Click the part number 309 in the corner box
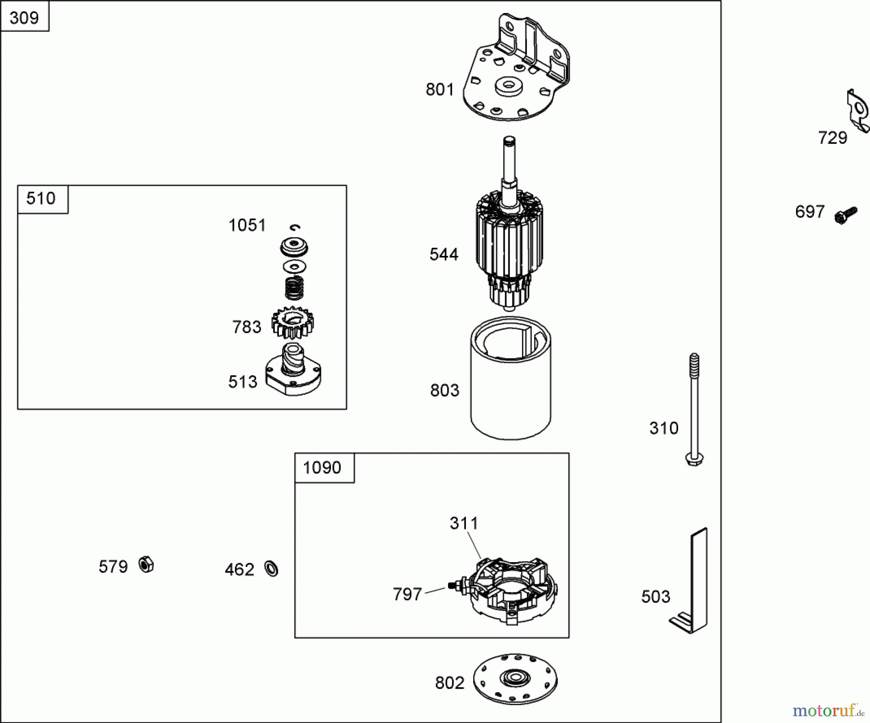point(24,18)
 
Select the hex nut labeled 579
point(146,565)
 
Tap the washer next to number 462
point(272,568)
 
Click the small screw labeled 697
point(845,215)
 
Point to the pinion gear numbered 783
point(292,323)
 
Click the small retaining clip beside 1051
point(295,227)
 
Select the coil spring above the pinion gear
point(294,288)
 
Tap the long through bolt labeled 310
point(694,411)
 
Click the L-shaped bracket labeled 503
point(694,584)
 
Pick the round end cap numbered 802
point(515,679)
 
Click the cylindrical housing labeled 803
point(510,386)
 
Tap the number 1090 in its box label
point(322,468)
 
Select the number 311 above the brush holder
point(464,523)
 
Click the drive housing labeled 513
point(293,372)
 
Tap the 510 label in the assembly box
point(41,198)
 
